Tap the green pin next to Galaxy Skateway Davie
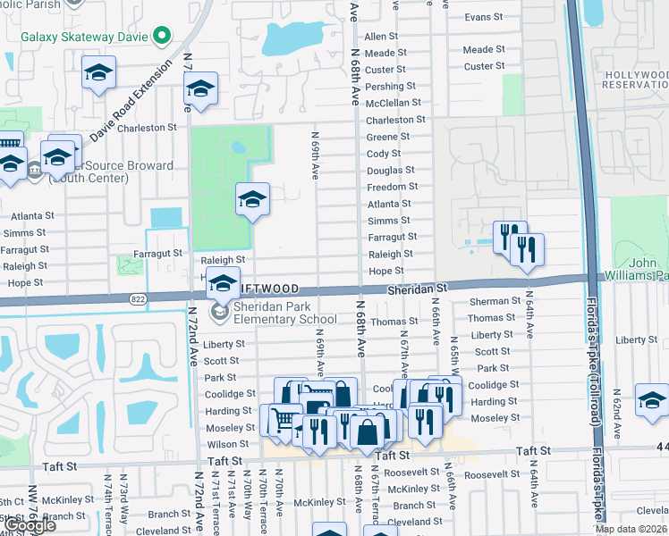[x=162, y=36]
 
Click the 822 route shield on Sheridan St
[x=137, y=298]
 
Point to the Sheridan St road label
[x=416, y=289]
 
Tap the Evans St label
[x=484, y=17]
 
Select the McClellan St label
[x=387, y=103]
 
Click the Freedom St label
[x=393, y=187]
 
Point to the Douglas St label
[x=391, y=170]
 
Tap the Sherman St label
[x=495, y=302]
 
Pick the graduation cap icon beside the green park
[x=252, y=199]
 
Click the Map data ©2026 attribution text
[x=631, y=529]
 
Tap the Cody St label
[x=384, y=154]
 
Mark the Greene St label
[x=387, y=137]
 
